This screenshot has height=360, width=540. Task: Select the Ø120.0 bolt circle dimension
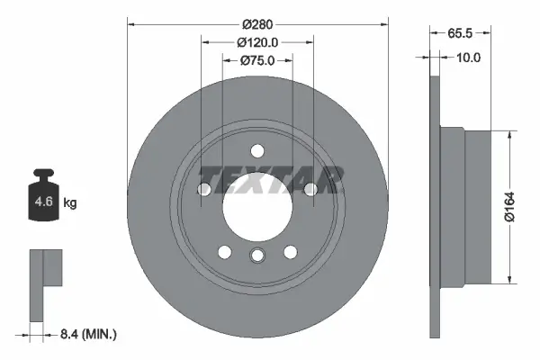pyautogui.click(x=256, y=41)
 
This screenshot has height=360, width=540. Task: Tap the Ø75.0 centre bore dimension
pyautogui.click(x=256, y=61)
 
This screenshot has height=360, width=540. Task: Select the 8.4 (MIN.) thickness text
pyautogui.click(x=87, y=335)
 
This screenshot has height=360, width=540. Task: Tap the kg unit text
pyautogui.click(x=70, y=203)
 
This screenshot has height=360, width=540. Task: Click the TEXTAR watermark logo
pyautogui.click(x=271, y=179)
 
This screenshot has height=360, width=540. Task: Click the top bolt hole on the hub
pyautogui.click(x=257, y=150)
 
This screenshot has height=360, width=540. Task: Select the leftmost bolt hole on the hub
pyautogui.click(x=203, y=189)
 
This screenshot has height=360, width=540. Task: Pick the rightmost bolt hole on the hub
pyautogui.click(x=311, y=189)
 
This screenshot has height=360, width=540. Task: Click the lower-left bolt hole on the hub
pyautogui.click(x=224, y=252)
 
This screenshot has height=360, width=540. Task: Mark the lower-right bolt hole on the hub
pyautogui.click(x=291, y=252)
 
